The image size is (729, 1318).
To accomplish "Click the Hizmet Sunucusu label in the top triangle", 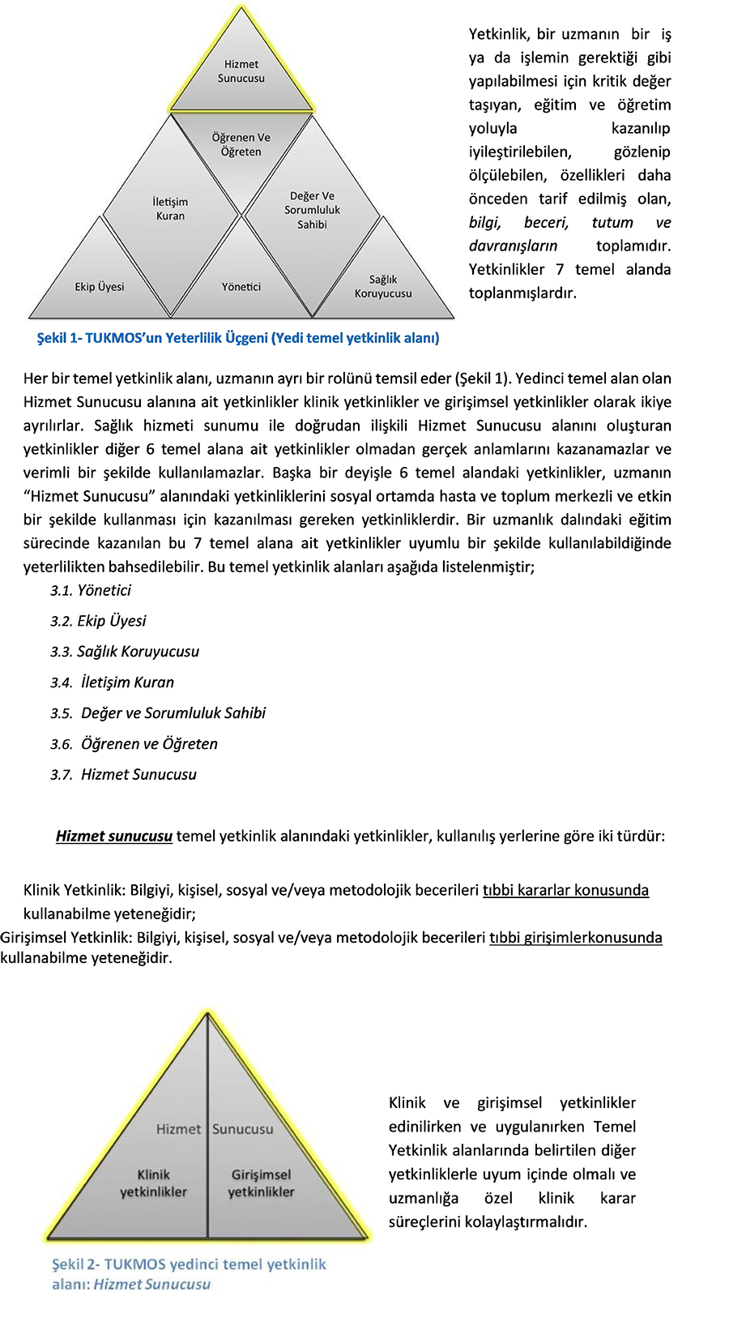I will (x=241, y=71).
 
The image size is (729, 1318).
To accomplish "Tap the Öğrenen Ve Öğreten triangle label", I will (x=241, y=144).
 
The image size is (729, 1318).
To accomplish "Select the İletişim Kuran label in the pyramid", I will (x=170, y=208).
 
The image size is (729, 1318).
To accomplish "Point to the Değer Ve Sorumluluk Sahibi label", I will (x=312, y=210).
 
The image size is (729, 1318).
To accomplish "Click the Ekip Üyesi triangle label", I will (x=100, y=287).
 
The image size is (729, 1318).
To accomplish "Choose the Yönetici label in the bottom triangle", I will (x=241, y=287).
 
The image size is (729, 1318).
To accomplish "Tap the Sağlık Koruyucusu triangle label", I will (x=383, y=286).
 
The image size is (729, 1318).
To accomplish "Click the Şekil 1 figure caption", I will (x=238, y=338).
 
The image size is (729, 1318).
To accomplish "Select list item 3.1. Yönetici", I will (x=91, y=590).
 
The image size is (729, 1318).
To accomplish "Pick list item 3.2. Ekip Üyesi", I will (x=98, y=621).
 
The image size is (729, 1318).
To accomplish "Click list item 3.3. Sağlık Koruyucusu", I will (x=125, y=652).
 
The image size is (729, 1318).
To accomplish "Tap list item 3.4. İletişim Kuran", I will (x=113, y=683).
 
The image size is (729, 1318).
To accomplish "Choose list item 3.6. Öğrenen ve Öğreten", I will (x=134, y=744).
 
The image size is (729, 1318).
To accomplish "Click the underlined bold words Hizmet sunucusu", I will (x=114, y=836).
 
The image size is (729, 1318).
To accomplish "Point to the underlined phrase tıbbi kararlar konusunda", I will (x=565, y=890).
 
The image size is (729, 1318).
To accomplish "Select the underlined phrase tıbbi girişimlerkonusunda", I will (x=575, y=938).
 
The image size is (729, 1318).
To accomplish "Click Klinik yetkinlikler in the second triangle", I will (x=153, y=1183).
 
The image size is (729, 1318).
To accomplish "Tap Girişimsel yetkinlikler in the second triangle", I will (x=261, y=1183).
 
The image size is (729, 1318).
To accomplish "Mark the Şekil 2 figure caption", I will (x=189, y=1273).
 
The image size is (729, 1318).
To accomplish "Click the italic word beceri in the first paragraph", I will (x=546, y=222).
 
